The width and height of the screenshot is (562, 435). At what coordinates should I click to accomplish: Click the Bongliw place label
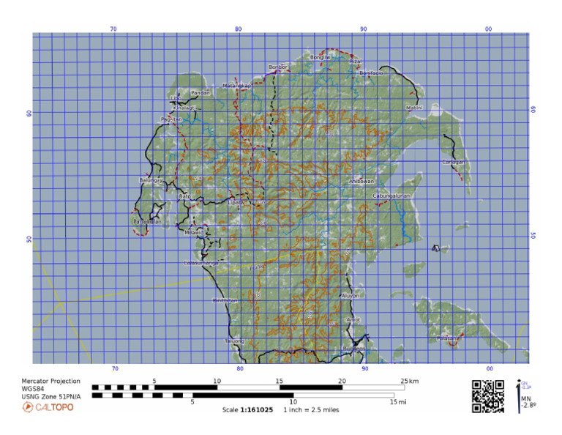coord(321,57)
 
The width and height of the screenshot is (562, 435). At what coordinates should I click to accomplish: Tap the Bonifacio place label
coord(371,73)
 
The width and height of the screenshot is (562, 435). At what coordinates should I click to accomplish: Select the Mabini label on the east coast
coord(414,108)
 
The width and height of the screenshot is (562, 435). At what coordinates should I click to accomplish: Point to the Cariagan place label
coord(453,162)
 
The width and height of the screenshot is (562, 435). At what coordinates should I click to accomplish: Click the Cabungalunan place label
coord(391,196)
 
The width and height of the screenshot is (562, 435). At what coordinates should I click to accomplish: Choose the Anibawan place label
coord(361,181)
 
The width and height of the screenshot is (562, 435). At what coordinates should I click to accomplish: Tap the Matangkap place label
coord(236,86)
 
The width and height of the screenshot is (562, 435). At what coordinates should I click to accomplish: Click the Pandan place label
coord(200,93)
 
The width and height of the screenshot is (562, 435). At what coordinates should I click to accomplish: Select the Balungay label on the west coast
coord(150,180)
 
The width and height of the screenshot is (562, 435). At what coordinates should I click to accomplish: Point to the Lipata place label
coord(236,202)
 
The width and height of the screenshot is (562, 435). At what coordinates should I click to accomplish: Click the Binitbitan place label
coord(225,301)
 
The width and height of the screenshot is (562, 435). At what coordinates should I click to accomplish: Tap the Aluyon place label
coord(351,296)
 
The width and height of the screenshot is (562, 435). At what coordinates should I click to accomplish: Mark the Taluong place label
coord(234,341)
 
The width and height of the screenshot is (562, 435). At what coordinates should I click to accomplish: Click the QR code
coord(487,396)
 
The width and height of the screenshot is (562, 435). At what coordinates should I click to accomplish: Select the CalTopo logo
coord(48,407)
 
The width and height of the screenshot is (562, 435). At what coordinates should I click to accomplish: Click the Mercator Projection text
coord(50,382)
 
